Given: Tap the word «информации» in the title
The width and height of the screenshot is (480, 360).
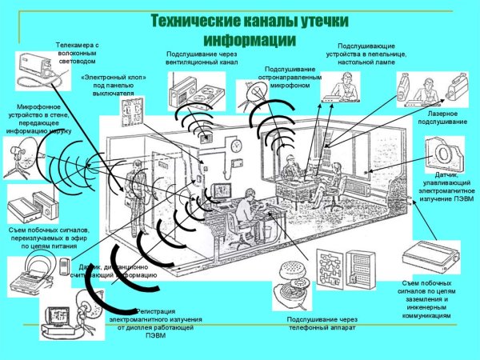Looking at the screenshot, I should (250, 38).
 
